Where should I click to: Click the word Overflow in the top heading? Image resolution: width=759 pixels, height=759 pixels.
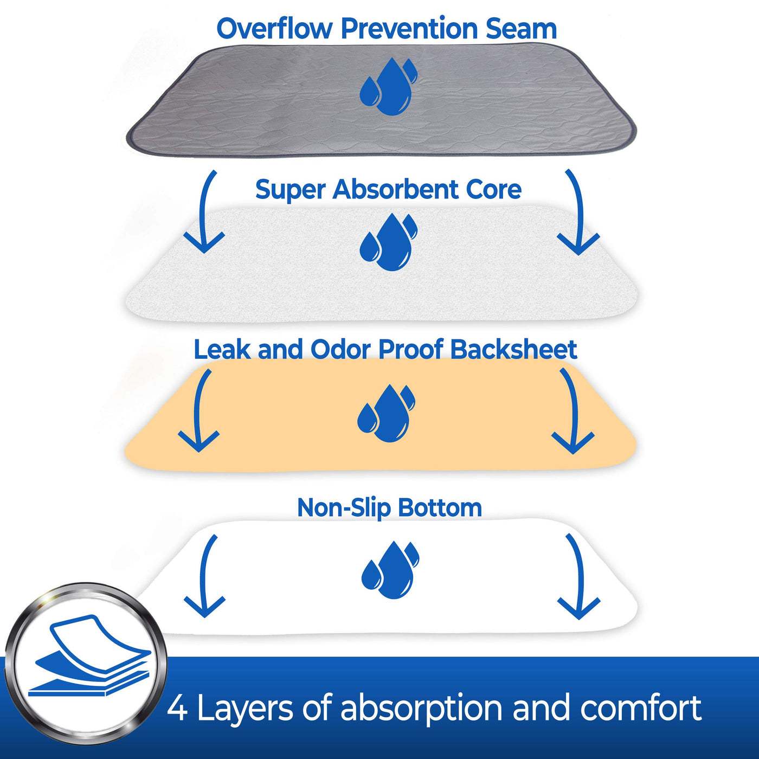pyautogui.click(x=274, y=28)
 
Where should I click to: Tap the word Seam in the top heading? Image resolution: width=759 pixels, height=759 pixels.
pyautogui.click(x=521, y=29)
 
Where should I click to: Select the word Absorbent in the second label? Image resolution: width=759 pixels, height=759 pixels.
pyautogui.click(x=396, y=189)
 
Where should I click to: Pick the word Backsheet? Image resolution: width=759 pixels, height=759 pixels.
pyautogui.click(x=513, y=349)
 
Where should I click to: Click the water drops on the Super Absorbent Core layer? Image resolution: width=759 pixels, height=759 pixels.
pyautogui.click(x=388, y=242)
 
